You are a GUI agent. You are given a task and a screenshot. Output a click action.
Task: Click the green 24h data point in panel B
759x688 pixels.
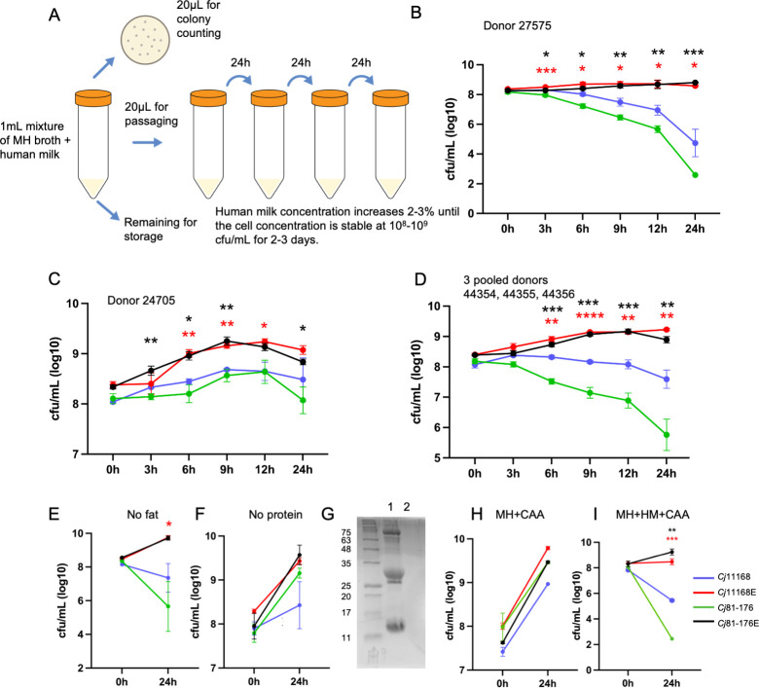[695, 175]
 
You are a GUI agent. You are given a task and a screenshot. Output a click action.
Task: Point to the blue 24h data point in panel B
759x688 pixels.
[695, 143]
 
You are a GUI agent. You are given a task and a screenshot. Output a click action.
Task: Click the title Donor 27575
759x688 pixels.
[517, 25]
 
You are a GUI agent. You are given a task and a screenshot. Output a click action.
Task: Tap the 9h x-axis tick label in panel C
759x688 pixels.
[227, 470]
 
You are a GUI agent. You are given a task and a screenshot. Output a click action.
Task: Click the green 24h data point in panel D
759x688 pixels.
[666, 435]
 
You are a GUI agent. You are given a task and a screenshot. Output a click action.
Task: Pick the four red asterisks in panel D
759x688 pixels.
[590, 316]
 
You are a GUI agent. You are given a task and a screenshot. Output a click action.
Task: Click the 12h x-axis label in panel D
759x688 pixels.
[628, 473]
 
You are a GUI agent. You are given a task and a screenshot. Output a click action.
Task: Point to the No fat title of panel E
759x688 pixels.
[142, 514]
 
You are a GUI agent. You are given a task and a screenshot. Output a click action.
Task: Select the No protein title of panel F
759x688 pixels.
[275, 514]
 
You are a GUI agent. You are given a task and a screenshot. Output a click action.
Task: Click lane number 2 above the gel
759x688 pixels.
[407, 506]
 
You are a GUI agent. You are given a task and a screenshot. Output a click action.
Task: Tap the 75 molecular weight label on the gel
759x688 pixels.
[346, 532]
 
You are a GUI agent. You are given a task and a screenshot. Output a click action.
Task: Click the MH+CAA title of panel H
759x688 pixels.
[520, 514]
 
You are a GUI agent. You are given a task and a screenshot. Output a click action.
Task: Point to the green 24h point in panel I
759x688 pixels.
[671, 638]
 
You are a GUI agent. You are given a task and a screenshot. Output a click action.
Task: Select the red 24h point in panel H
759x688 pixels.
[548, 548]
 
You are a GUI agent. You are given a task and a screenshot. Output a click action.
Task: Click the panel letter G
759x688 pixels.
[328, 514]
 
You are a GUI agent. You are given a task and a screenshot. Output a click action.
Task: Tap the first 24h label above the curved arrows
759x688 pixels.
[240, 62]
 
